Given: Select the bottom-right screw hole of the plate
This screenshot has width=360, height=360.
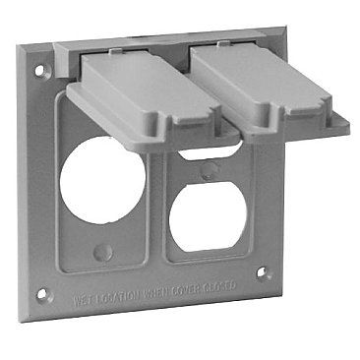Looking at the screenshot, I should (x=262, y=273).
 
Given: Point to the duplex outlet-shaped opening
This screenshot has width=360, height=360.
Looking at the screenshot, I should (x=203, y=210).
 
